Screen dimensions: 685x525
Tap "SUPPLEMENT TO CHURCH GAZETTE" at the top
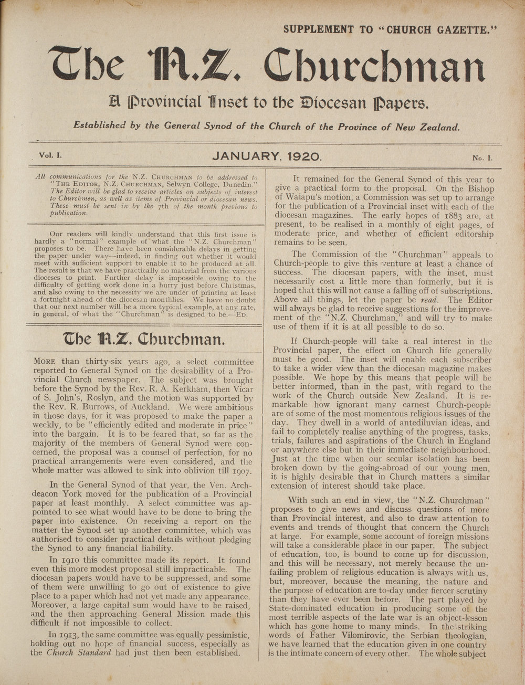[x=390, y=29]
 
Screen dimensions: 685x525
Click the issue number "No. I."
[x=482, y=157]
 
